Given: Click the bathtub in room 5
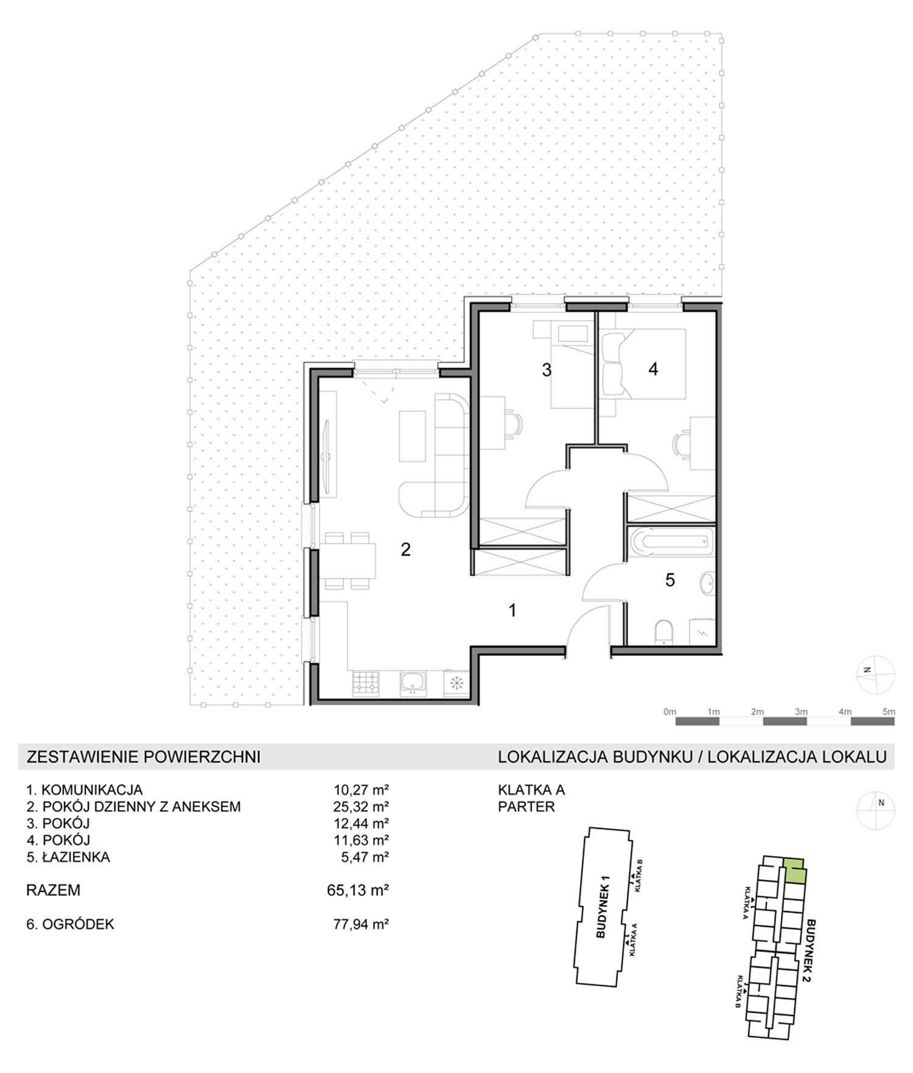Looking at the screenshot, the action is pyautogui.click(x=671, y=542).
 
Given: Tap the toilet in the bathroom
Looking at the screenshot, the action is pyautogui.click(x=663, y=632).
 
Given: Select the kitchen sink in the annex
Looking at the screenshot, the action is pyautogui.click(x=415, y=683).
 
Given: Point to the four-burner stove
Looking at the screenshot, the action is pyautogui.click(x=366, y=683).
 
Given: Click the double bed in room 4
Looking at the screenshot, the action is pyautogui.click(x=643, y=364).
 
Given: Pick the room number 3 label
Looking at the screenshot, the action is pyautogui.click(x=547, y=369).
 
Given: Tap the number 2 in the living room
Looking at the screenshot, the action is pyautogui.click(x=405, y=550).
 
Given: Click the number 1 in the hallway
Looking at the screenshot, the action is pyautogui.click(x=512, y=610).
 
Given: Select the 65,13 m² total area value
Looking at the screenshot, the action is pyautogui.click(x=358, y=890).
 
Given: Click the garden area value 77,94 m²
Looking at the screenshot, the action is pyautogui.click(x=361, y=924).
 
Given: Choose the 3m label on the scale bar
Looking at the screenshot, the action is pyautogui.click(x=801, y=711).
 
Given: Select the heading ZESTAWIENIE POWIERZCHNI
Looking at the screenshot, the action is pyautogui.click(x=144, y=757).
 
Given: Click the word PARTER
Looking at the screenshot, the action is pyautogui.click(x=526, y=806).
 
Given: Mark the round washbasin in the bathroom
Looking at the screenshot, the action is pyautogui.click(x=707, y=582).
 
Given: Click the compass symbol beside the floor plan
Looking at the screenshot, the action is pyautogui.click(x=875, y=675).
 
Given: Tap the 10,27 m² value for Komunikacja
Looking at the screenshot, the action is pyautogui.click(x=361, y=790).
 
